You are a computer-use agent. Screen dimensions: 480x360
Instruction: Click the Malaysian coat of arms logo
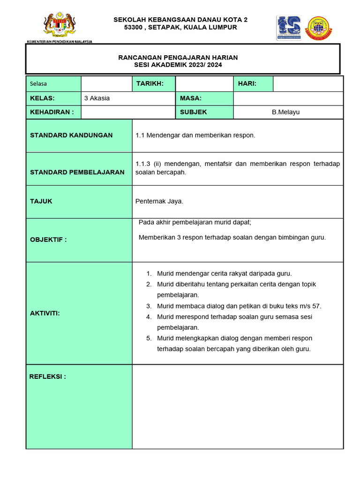[60, 25]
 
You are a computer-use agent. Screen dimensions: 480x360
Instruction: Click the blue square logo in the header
[289, 28]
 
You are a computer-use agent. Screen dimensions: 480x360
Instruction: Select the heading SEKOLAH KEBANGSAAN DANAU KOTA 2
[180, 20]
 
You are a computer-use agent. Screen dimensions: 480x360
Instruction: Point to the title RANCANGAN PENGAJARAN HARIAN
[178, 57]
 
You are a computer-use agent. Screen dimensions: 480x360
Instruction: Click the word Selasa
[38, 84]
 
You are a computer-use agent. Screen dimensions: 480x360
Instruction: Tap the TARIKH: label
[150, 83]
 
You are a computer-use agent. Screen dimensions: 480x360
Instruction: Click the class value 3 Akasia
[97, 98]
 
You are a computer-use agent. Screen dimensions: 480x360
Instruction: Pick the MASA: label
[191, 98]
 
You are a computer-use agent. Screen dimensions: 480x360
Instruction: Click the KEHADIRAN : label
[52, 112]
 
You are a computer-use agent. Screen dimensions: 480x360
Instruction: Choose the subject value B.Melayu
[285, 112]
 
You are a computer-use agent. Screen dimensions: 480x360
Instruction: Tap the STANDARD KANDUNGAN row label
[71, 135]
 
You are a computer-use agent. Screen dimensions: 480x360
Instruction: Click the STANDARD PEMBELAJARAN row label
[77, 172]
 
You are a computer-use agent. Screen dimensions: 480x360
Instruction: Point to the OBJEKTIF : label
[48, 240]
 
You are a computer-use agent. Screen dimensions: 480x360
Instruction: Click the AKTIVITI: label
[45, 313]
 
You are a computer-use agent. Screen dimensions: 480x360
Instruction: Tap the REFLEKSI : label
[48, 376]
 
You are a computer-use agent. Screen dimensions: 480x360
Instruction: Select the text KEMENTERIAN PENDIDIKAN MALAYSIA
[60, 41]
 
